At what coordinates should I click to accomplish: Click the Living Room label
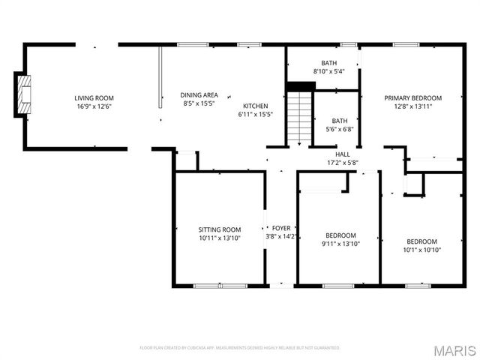93,98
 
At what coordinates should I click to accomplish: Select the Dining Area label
199,95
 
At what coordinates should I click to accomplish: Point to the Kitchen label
255,106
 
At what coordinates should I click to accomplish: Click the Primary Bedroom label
412,98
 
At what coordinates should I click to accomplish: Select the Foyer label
281,228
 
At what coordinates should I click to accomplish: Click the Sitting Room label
219,229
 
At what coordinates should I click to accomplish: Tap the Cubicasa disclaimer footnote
240,348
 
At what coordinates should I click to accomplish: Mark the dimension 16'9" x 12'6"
93,107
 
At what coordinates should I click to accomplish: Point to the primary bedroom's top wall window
406,44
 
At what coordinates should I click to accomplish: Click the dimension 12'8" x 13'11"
412,107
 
